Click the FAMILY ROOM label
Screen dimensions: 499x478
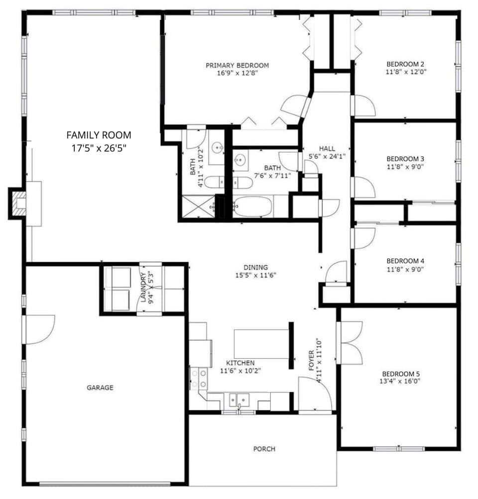[x=99, y=134]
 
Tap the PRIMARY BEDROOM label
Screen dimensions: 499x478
[x=238, y=65]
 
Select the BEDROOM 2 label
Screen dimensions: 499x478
[x=405, y=64]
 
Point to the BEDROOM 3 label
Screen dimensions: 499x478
[x=405, y=159]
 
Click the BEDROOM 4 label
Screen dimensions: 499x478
[x=405, y=261]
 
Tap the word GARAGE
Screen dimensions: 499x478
[x=100, y=388]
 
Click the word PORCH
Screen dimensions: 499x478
[x=264, y=449]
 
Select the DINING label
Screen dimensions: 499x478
[x=255, y=267]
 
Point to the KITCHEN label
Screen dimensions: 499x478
[x=240, y=363]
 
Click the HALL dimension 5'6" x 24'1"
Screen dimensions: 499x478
[x=327, y=156]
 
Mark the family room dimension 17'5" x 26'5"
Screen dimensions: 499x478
[x=99, y=148]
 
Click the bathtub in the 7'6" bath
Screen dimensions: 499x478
[x=252, y=206]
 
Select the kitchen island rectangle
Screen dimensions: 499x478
[x=261, y=343]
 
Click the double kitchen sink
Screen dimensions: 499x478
[x=239, y=399]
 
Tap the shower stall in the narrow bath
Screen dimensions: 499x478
[x=198, y=207]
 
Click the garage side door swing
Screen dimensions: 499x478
[x=39, y=328]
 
